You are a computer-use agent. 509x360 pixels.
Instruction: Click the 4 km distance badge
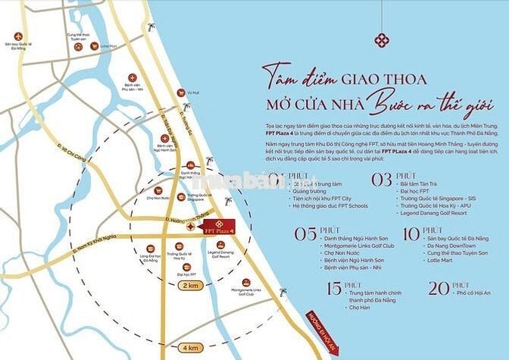189,347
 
